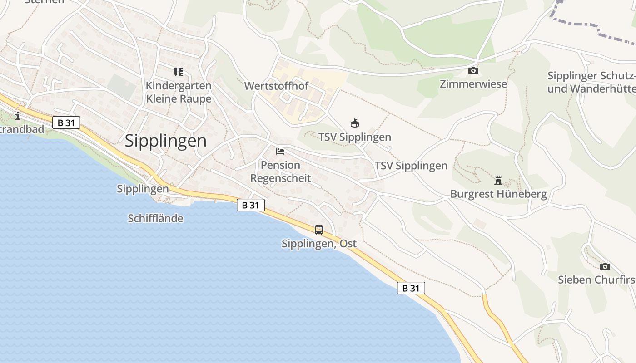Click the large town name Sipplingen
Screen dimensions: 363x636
(x=165, y=141)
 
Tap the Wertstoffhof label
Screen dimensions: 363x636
(x=276, y=86)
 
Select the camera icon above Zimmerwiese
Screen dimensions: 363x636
(x=473, y=71)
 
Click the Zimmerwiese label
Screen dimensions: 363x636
(x=473, y=84)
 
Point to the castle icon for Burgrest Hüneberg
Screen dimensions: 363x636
(x=498, y=181)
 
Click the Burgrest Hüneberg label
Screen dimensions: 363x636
(x=498, y=194)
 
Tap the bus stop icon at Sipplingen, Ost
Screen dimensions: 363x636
(x=319, y=230)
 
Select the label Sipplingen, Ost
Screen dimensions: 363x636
(x=319, y=244)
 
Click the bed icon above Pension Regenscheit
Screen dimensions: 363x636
(x=280, y=151)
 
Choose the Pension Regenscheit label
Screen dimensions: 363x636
(x=280, y=172)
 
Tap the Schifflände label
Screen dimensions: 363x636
(x=155, y=218)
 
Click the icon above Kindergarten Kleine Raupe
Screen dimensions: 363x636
(x=178, y=72)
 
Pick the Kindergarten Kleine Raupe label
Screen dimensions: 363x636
(x=179, y=92)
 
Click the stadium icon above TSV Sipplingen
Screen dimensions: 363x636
(x=355, y=123)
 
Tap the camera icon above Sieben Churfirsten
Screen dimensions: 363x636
(x=605, y=266)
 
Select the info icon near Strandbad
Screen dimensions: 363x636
(x=18, y=116)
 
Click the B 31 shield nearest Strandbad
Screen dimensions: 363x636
(x=66, y=123)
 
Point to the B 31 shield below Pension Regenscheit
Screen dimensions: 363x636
(x=250, y=205)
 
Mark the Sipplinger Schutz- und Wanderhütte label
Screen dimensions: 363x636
(x=591, y=82)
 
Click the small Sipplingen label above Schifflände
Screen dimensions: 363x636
(x=143, y=189)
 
